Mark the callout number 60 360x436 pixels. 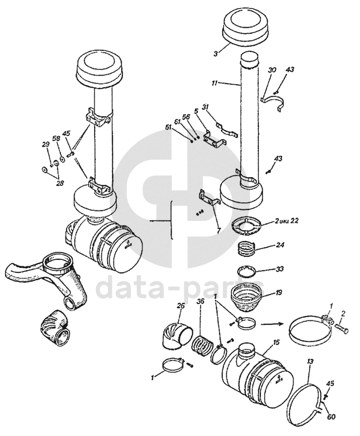tap(331, 417)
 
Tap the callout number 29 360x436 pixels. tap(46, 145)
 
